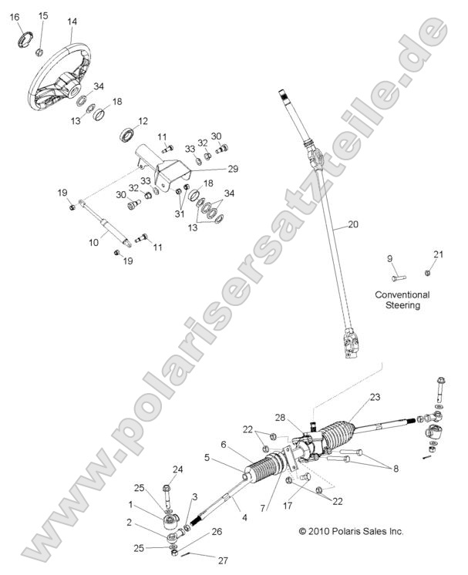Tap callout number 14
72,22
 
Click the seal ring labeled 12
124,137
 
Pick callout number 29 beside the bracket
232,169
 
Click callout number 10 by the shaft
93,242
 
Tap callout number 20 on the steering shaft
353,225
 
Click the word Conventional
402,294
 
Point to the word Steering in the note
402,305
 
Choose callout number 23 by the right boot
375,398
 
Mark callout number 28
301,418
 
